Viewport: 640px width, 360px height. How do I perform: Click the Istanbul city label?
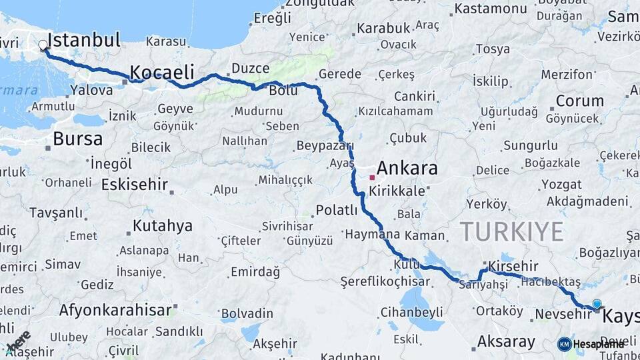[84, 40]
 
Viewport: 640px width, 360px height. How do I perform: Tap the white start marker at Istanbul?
[43, 45]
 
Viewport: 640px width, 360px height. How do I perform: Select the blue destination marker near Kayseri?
[597, 304]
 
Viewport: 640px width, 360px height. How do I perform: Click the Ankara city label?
[407, 167]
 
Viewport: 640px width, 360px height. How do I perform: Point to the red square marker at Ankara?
[372, 178]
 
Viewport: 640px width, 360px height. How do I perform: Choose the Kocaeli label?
[162, 72]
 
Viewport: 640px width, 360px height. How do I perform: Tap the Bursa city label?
[77, 139]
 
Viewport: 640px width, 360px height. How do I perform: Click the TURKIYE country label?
[512, 231]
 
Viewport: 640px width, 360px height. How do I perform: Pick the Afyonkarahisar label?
[116, 310]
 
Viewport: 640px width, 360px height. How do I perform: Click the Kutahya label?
[162, 226]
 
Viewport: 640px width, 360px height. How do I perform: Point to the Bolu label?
[283, 91]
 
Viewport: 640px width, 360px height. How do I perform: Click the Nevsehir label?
[563, 313]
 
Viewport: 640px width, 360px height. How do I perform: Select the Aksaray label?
[506, 342]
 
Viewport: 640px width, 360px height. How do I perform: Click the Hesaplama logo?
[590, 344]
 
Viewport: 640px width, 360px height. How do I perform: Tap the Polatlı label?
[337, 210]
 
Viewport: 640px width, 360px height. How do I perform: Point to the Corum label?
[579, 101]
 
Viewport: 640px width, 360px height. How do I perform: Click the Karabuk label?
[382, 28]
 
